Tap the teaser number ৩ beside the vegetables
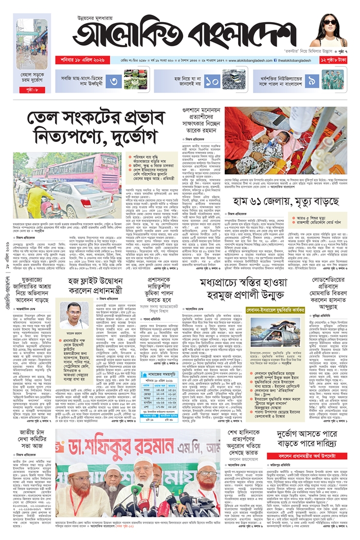click(115, 80)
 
